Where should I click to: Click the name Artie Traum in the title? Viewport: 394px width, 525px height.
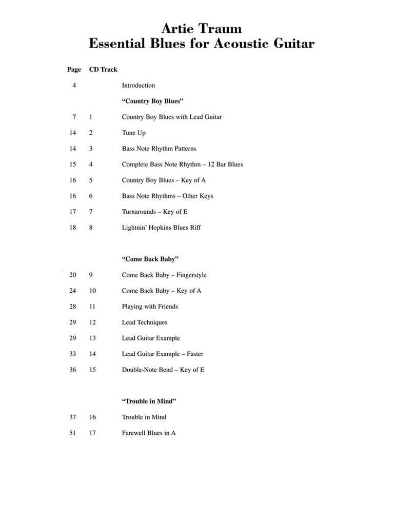(201, 28)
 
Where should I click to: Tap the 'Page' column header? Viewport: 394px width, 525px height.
(74, 70)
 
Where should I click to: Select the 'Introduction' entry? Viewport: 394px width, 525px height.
(138, 86)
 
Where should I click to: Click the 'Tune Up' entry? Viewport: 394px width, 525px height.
(133, 133)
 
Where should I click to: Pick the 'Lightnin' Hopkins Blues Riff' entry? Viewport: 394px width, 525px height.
(161, 228)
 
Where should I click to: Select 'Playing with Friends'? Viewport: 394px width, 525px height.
(150, 307)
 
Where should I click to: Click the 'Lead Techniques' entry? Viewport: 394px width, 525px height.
(144, 322)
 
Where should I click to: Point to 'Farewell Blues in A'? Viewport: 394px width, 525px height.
(149, 433)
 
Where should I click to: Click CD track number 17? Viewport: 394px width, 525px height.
(92, 433)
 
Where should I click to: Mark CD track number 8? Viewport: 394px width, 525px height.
(91, 228)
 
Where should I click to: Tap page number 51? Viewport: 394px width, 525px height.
(72, 433)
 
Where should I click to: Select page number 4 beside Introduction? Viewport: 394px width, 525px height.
(74, 86)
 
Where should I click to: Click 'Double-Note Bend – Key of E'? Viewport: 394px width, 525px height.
(163, 370)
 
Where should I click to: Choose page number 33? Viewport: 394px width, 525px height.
(72, 354)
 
